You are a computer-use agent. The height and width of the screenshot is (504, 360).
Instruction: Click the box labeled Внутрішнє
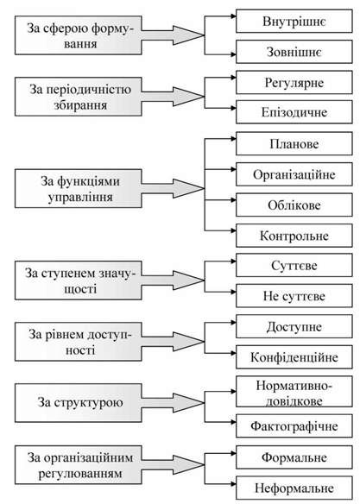(294, 22)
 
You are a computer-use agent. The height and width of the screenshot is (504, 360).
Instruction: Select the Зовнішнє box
(294, 52)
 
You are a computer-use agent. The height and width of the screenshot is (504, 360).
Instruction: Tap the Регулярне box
(294, 82)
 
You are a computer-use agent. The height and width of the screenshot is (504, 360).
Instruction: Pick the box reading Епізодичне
(294, 112)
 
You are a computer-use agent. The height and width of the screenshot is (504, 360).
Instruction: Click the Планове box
(294, 143)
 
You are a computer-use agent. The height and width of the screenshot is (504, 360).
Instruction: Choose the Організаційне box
(294, 174)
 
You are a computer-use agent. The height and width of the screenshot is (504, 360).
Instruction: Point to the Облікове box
(294, 205)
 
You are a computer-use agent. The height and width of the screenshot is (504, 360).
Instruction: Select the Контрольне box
(294, 236)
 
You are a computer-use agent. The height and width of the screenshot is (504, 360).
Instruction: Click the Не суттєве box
(294, 296)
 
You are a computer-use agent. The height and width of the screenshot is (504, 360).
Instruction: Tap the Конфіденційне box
(294, 357)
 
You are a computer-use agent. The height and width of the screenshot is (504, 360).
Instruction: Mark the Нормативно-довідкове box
(294, 392)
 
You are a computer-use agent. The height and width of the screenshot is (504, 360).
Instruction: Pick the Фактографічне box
(294, 425)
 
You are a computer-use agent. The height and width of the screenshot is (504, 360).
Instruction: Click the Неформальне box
(294, 488)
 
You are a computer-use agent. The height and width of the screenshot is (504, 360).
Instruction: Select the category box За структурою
(78, 402)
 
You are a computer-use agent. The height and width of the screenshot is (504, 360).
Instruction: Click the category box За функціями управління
(78, 189)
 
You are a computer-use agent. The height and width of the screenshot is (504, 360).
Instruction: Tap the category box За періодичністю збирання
(78, 97)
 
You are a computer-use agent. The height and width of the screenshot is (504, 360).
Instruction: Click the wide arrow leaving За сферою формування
(173, 35)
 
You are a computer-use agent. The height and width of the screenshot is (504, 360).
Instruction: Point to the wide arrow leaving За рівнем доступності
(173, 342)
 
